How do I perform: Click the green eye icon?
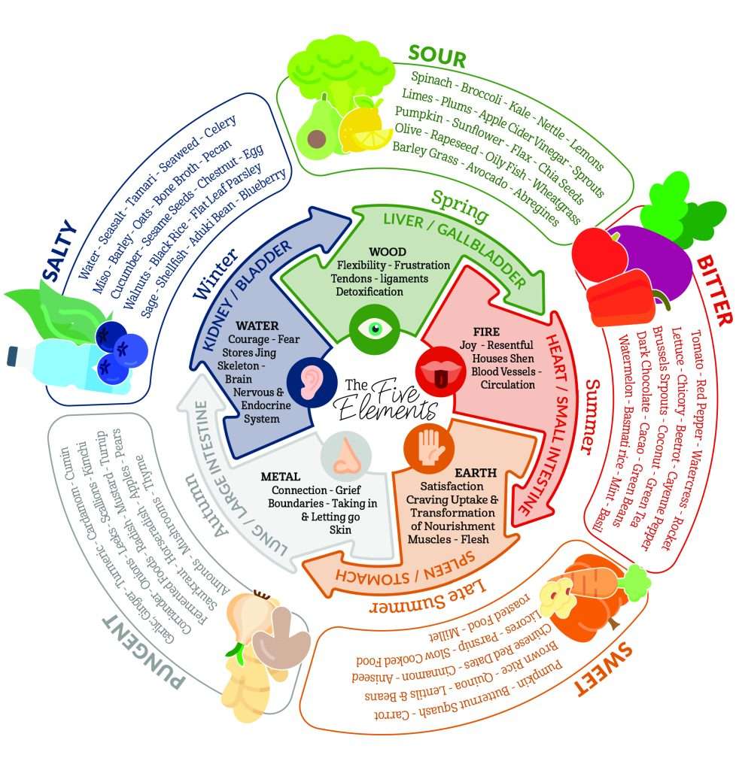tap(374, 328)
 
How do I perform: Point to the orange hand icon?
tap(429, 447)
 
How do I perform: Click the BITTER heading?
tap(715, 290)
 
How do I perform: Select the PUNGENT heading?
tap(143, 653)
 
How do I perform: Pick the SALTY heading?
tap(59, 250)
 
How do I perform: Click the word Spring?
tap(460, 205)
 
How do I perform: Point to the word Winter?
tap(215, 274)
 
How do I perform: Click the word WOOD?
tap(388, 252)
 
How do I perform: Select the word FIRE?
tap(486, 332)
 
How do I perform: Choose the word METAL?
tap(281, 476)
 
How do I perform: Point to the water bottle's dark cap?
tap(12, 356)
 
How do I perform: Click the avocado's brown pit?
tap(316, 138)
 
